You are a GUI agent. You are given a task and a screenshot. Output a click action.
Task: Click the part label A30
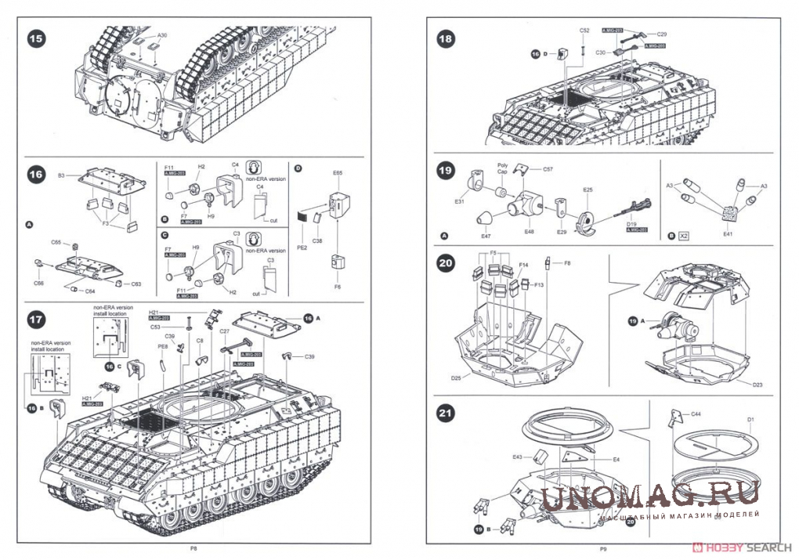162,36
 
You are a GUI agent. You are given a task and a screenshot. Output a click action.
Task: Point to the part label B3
61,175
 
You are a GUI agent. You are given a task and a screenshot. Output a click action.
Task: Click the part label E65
338,172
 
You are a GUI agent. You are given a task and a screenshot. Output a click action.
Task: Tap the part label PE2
302,247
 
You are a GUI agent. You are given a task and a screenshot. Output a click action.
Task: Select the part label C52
584,30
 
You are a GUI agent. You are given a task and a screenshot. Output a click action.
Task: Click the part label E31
460,202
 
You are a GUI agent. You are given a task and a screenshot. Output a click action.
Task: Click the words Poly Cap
503,169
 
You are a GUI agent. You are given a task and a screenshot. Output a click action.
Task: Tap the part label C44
696,413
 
